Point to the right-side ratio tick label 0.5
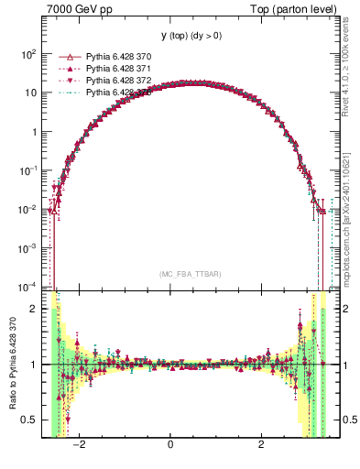346,420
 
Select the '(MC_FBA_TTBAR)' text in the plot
189,274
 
